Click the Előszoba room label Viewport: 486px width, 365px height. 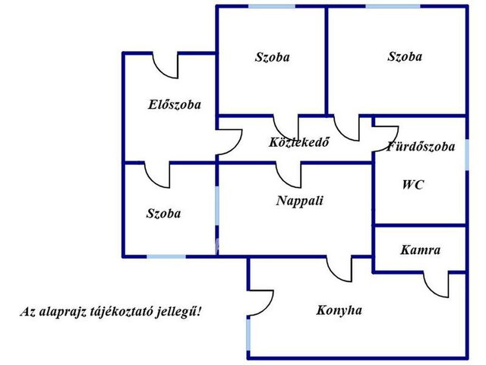tap(175, 105)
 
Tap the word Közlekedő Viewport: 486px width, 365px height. tap(298, 142)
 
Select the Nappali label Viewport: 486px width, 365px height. tap(300, 201)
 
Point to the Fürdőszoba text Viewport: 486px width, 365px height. tap(421, 146)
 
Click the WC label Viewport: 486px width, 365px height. tap(413, 185)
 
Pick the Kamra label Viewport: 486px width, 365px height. tap(420, 250)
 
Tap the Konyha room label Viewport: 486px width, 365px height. tap(339, 310)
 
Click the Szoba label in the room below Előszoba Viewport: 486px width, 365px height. tap(163, 214)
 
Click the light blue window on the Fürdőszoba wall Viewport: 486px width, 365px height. tap(467, 154)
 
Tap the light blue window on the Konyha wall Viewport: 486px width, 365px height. tap(248, 335)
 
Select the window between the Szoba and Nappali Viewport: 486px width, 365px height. tap(217, 205)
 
